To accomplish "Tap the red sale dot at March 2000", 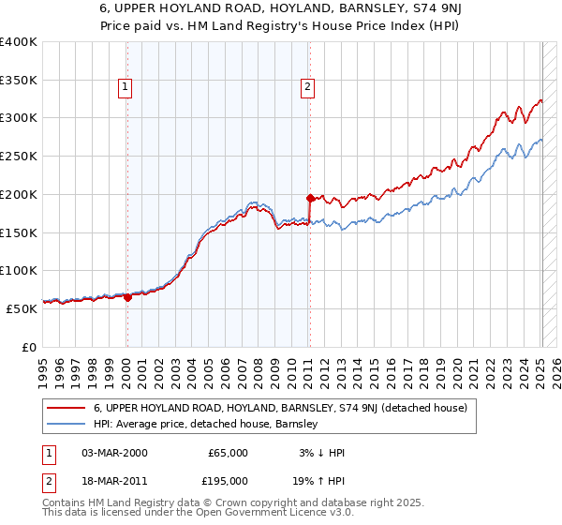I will pos(127,297).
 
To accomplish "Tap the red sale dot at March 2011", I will pos(310,198).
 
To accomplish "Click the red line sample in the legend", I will pos(67,408).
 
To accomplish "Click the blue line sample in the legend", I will pos(67,424).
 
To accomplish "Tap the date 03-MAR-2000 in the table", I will pos(114,453).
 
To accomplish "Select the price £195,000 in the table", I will pos(228,480).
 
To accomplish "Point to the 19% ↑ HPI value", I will pos(320,480).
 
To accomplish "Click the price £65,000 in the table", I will pos(228,453).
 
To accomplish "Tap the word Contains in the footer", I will pos(67,503).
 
